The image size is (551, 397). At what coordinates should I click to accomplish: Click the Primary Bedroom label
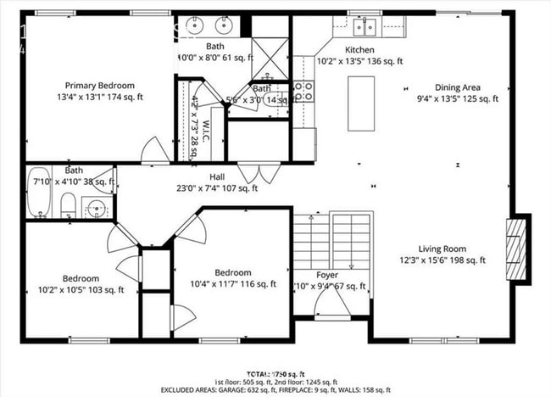click(100, 85)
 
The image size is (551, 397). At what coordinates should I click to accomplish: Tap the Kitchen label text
click(359, 49)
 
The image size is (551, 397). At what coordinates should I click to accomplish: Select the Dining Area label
click(459, 87)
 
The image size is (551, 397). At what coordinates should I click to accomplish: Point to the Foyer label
click(327, 275)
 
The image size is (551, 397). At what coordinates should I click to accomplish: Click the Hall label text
click(216, 176)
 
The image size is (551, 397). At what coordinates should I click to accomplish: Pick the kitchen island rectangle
click(361, 103)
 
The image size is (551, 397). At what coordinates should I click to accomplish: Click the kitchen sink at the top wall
click(365, 27)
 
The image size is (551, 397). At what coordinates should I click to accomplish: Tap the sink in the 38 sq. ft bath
click(97, 206)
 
